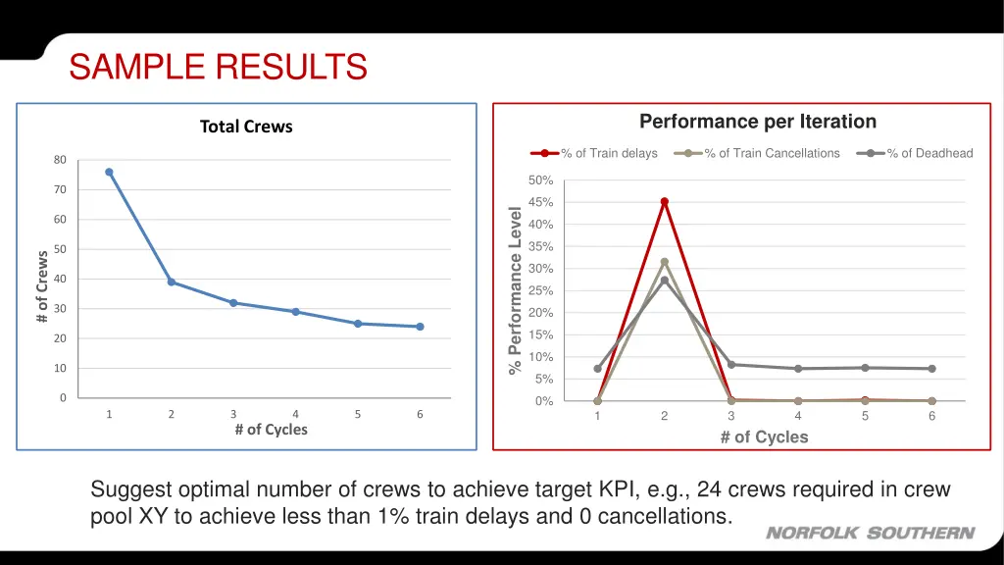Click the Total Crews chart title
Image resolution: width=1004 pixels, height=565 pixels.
click(246, 127)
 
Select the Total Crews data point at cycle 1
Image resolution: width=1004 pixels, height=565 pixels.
click(109, 172)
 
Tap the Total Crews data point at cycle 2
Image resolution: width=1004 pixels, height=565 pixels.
click(172, 282)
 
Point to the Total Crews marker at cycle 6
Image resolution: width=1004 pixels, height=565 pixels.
click(420, 327)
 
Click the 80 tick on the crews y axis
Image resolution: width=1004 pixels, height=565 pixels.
click(61, 160)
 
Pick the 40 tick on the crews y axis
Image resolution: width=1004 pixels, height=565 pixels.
click(61, 279)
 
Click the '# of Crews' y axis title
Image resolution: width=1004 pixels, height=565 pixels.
click(42, 285)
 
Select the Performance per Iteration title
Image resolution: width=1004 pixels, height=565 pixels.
click(757, 122)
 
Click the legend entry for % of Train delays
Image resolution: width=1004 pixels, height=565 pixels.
click(595, 153)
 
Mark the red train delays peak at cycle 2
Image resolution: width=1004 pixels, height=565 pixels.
click(664, 201)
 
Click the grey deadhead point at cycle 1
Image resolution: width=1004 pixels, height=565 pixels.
click(597, 369)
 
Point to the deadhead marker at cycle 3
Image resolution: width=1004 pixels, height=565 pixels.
click(731, 364)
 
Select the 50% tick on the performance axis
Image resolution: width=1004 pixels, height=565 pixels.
click(541, 180)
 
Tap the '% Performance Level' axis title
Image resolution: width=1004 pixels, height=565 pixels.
click(514, 290)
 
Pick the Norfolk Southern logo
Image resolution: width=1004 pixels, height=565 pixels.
click(870, 534)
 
